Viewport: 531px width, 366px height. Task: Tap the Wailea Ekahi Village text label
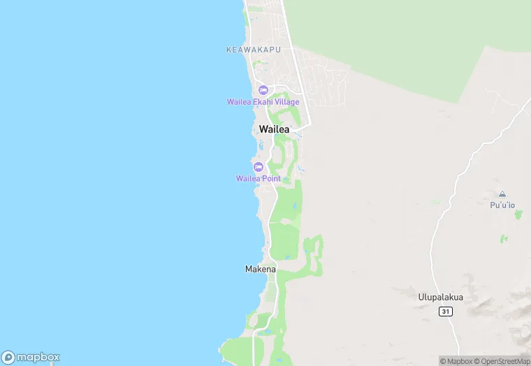tap(263, 102)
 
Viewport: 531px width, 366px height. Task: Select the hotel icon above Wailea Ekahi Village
tap(263, 90)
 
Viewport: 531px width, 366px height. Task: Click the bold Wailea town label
tap(274, 129)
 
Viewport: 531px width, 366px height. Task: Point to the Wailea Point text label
tap(258, 179)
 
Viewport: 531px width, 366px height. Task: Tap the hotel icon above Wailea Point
tap(258, 167)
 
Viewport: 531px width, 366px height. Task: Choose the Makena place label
tap(261, 269)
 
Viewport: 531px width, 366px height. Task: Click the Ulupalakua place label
tap(440, 297)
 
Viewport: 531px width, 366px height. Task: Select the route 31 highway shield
tap(444, 311)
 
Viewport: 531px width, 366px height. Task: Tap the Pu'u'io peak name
tap(502, 205)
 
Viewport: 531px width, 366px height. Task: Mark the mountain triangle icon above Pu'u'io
tap(502, 194)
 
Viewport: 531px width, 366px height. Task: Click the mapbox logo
tap(31, 357)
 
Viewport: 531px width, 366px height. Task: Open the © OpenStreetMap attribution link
tap(501, 361)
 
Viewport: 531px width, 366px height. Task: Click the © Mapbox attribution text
tap(456, 361)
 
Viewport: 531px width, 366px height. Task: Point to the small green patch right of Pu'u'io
tap(518, 214)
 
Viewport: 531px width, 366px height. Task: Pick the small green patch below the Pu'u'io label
tap(503, 239)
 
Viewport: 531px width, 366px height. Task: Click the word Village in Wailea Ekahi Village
tap(286, 102)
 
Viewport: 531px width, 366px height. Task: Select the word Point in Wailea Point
tap(271, 179)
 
